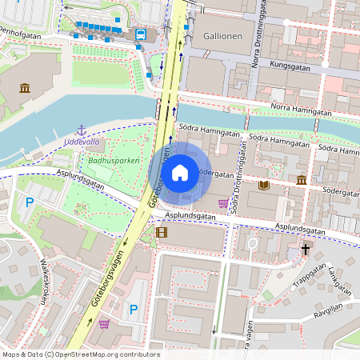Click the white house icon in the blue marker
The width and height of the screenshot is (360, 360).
pyautogui.click(x=180, y=173)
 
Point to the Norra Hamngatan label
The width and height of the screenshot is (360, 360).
pyautogui.click(x=301, y=107)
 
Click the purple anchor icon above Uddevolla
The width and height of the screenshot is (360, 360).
pyautogui.click(x=80, y=130)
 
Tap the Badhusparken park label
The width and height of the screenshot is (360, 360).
pyautogui.click(x=114, y=161)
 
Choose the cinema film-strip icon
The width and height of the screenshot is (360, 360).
pyautogui.click(x=162, y=233)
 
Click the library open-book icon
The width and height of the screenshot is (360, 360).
pyautogui.click(x=264, y=185)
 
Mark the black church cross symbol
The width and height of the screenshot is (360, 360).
pyautogui.click(x=305, y=250)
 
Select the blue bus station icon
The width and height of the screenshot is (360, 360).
pyautogui.click(x=140, y=34)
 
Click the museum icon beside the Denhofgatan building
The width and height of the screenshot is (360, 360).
pyautogui.click(x=25, y=87)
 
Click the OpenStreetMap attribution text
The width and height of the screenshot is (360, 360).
pyautogui.click(x=81, y=354)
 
